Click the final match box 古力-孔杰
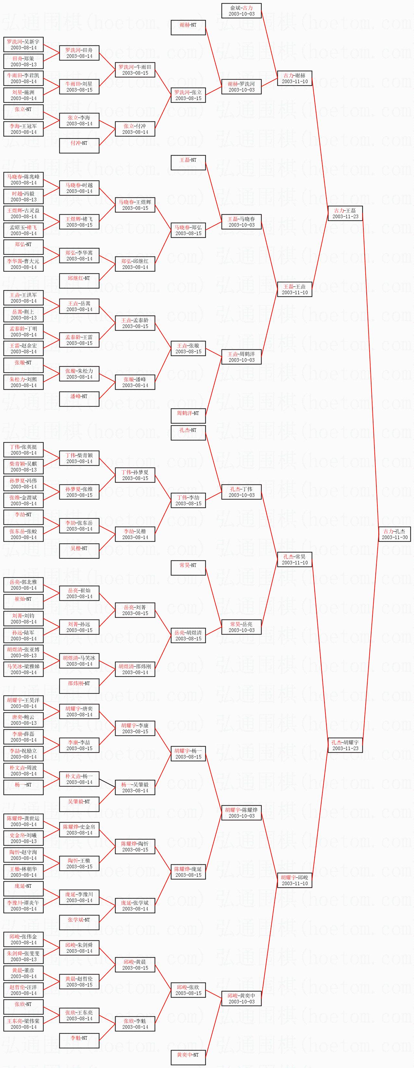pyautogui.click(x=395, y=534)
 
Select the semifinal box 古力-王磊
pyautogui.click(x=345, y=214)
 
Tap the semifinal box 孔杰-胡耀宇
pyautogui.click(x=345, y=745)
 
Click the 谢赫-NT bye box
pyautogui.click(x=188, y=28)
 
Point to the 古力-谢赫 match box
pyautogui.click(x=295, y=78)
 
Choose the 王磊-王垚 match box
pyautogui.click(x=295, y=289)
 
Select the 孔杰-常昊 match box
pyautogui.click(x=295, y=559)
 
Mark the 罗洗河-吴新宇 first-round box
pyautogui.click(x=24, y=45)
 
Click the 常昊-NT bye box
pyautogui.click(x=188, y=568)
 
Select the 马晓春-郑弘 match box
pyautogui.click(x=188, y=230)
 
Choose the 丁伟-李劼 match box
pyautogui.click(x=188, y=500)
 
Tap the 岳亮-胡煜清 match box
pyautogui.click(x=188, y=635)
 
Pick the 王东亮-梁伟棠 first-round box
pyautogui.click(x=24, y=1024)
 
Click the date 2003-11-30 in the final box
pyautogui.click(x=395, y=537)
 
